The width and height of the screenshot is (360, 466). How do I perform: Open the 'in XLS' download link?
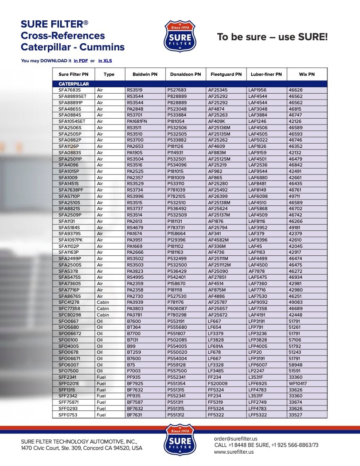[x=105, y=61]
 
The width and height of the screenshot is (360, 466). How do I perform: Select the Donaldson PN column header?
[x=186, y=74]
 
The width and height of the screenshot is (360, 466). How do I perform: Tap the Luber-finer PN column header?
[x=266, y=74]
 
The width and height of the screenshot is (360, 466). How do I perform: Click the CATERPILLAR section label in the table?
[x=74, y=84]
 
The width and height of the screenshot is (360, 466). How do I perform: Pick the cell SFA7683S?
[x=69, y=90]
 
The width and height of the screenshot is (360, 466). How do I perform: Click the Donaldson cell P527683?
[x=177, y=90]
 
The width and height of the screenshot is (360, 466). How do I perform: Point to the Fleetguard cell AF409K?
[x=216, y=121]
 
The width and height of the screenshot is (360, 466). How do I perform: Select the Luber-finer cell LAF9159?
[x=258, y=153]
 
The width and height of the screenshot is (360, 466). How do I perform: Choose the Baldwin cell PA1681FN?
[x=137, y=121]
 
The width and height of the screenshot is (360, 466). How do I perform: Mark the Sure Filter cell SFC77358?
[x=69, y=309]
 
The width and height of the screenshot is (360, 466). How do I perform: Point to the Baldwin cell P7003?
[x=133, y=371]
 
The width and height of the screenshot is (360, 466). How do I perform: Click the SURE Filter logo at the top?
[x=180, y=36]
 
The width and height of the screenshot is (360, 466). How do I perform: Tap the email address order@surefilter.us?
[x=235, y=439]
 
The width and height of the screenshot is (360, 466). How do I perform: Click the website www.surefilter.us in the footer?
[x=233, y=452]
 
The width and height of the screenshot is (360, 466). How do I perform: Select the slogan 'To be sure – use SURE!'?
[x=272, y=37]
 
